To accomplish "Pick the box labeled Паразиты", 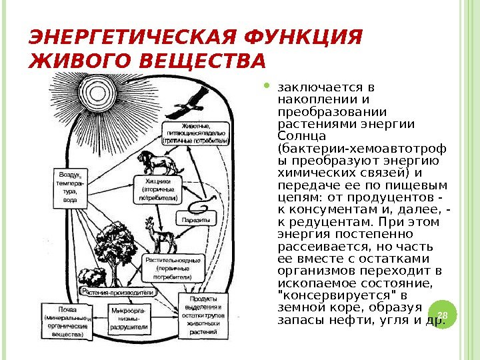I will click(195, 219).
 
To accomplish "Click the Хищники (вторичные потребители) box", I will click(158, 189).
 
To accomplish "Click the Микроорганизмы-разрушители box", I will click(129, 319).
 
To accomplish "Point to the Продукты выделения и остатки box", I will click(199, 314).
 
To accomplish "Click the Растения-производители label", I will click(118, 292).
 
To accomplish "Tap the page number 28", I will click(441, 313).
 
